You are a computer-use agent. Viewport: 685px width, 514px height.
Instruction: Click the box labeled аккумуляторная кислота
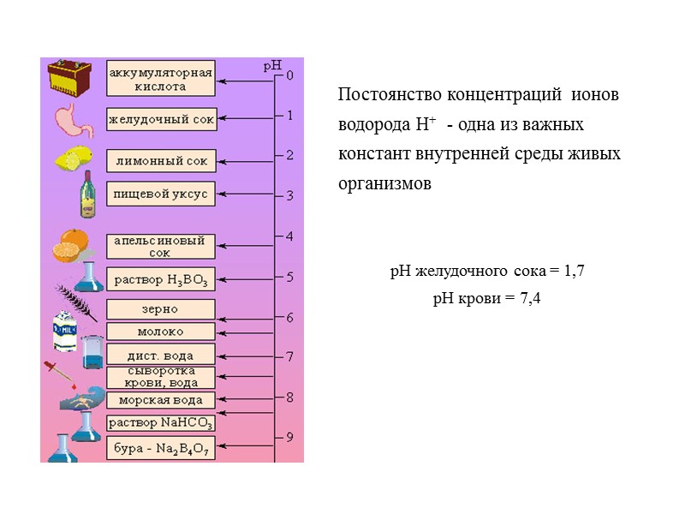coord(160,79)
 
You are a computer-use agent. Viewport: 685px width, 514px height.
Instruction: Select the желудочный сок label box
coord(161,120)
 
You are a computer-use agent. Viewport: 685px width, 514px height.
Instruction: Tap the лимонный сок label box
coord(161,160)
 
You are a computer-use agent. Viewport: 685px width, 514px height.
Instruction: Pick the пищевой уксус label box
coord(161,194)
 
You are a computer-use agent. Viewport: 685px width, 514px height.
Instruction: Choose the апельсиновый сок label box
coord(160,247)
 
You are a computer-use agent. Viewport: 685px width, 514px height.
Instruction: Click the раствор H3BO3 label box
coord(161,279)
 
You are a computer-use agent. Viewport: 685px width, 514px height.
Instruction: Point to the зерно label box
coord(160,309)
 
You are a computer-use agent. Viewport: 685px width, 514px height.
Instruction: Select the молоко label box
coord(160,332)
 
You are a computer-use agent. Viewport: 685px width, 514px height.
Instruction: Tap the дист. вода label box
coord(160,356)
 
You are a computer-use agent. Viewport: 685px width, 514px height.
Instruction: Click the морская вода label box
coord(160,400)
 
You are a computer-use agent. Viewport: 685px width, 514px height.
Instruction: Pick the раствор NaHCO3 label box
coord(160,422)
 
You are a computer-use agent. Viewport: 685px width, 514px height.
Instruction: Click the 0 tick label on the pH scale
coord(289,75)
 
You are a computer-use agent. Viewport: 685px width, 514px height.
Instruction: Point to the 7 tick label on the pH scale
coord(289,357)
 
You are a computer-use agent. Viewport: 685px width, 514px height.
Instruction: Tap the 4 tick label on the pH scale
coord(289,236)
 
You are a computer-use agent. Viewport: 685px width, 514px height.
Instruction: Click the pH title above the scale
coord(271,64)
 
